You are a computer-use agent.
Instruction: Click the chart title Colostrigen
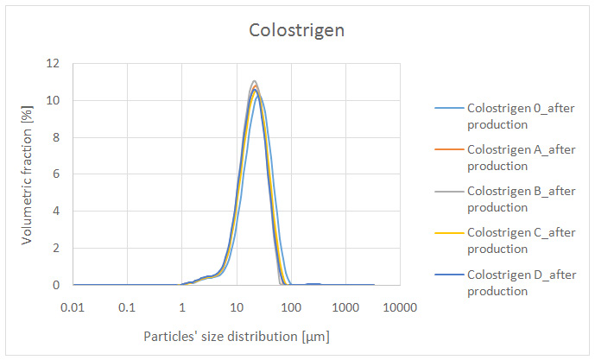coord(297,30)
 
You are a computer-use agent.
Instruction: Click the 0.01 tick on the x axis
coord(73,307)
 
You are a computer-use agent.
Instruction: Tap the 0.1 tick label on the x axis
coord(128,307)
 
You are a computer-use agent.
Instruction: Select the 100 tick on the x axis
coord(291,307)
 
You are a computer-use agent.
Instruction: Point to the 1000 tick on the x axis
coord(345,307)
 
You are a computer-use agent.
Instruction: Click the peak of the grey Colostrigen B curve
coord(254,81)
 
